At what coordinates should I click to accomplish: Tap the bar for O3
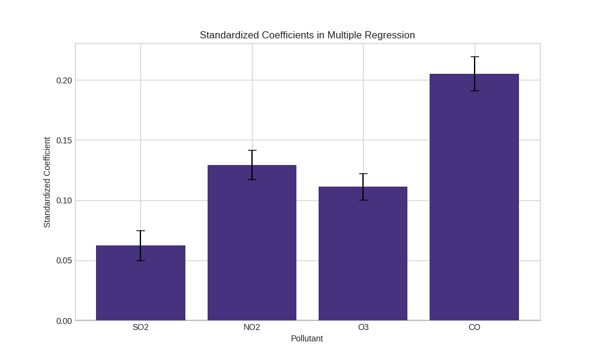[363, 255]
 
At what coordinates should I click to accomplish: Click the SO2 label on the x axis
[140, 327]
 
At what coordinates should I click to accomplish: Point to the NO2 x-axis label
[252, 327]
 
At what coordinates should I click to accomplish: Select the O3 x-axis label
[363, 327]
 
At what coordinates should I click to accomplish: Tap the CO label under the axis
[474, 327]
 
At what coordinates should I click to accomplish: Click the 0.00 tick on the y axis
[64, 321]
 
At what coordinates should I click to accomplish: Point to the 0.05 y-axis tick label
[64, 260]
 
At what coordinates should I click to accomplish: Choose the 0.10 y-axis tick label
[64, 200]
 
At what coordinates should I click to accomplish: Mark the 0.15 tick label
[64, 140]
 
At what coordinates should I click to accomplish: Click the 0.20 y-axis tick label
[64, 80]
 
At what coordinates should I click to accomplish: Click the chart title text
[307, 35]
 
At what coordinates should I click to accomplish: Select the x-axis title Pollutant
[307, 338]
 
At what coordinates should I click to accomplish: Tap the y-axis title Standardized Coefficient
[47, 182]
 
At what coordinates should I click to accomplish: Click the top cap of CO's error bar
[475, 57]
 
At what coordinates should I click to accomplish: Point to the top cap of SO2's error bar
[140, 231]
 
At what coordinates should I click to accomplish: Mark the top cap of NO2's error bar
[252, 151]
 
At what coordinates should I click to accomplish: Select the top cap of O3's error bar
[363, 174]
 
